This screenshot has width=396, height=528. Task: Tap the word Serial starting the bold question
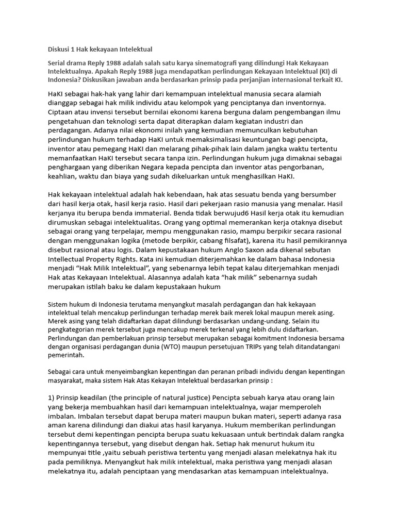click(x=58, y=62)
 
